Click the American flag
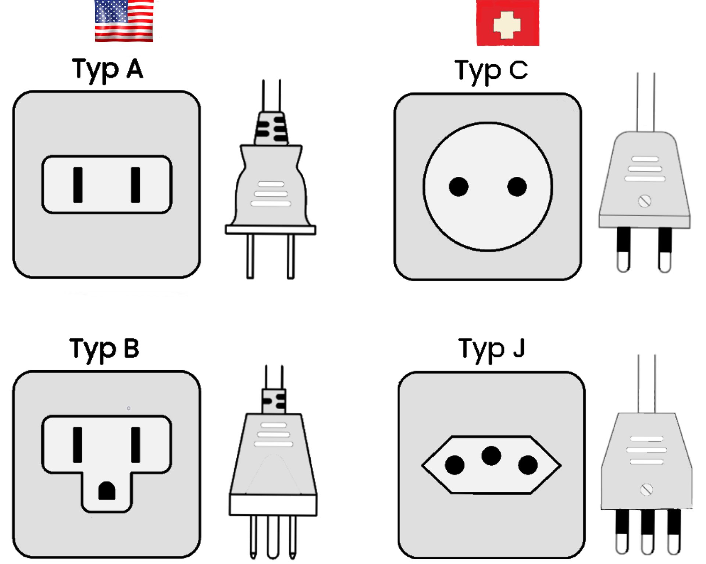tap(124, 21)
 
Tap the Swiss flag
tap(507, 23)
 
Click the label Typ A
tap(107, 70)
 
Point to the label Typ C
tap(491, 71)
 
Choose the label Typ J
tap(492, 349)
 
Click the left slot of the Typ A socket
tap(78, 185)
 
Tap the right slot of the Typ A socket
tap(135, 185)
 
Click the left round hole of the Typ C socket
tap(459, 187)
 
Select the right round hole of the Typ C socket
tap(517, 187)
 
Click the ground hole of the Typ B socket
tap(107, 491)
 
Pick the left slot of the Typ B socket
tap(77, 445)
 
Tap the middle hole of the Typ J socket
tap(491, 456)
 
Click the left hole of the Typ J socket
tap(454, 465)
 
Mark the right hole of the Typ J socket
tap(528, 465)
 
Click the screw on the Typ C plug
tap(644, 201)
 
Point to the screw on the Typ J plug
tap(646, 490)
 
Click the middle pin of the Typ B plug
tap(273, 537)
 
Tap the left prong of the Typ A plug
tap(250, 257)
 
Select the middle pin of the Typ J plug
tap(647, 532)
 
